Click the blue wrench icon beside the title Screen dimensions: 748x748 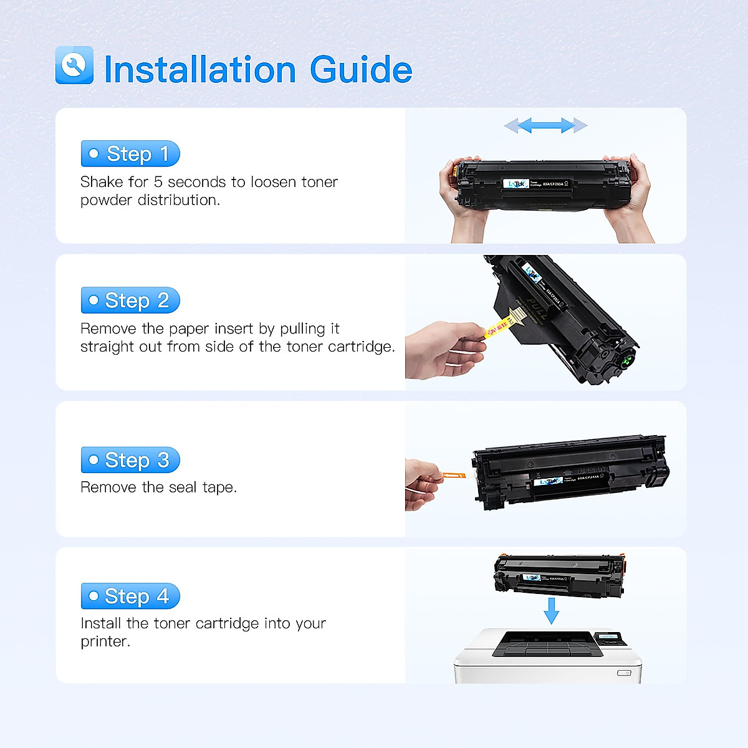(74, 65)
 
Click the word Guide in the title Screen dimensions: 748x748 (361, 69)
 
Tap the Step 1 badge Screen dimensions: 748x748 (130, 154)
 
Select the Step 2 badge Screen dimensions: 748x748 (130, 300)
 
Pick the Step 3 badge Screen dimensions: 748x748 (130, 460)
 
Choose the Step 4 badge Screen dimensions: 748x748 (130, 597)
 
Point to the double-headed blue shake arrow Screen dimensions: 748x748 (545, 126)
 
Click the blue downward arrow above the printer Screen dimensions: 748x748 (551, 610)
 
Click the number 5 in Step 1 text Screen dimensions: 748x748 (158, 182)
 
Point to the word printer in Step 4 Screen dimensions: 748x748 (104, 641)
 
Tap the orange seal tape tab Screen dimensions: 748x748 (451, 476)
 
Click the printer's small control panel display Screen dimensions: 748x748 (609, 638)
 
